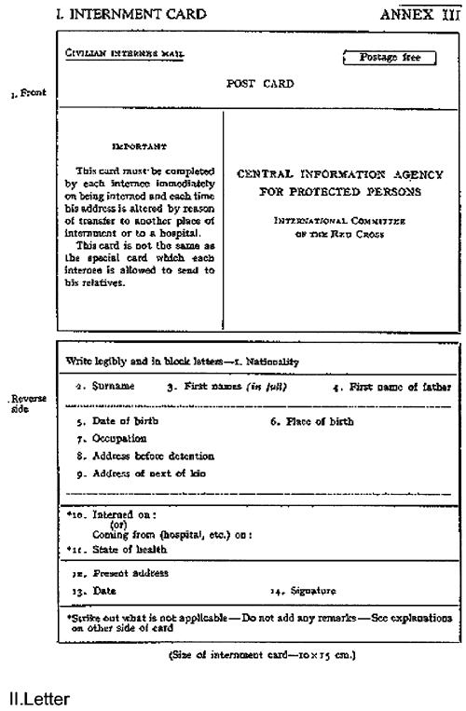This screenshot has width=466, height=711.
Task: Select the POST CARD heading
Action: tap(260, 83)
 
